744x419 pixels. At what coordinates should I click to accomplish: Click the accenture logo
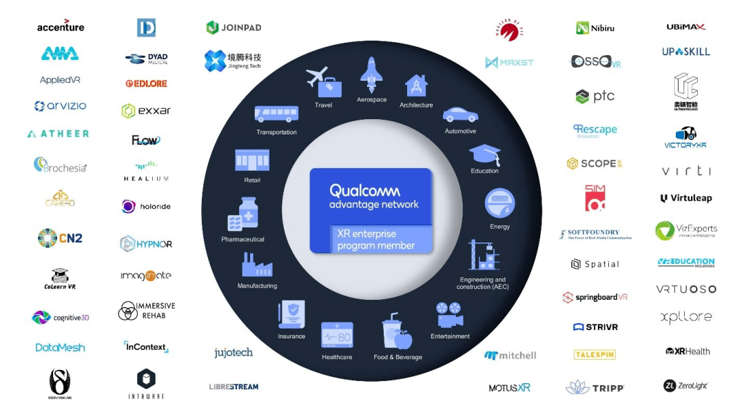61,27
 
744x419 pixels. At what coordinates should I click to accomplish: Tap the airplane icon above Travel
323,82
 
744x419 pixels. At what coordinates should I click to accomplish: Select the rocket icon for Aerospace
371,74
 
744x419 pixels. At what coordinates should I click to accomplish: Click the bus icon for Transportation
276,114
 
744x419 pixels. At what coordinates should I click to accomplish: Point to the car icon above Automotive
460,114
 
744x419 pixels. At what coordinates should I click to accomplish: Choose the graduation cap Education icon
484,154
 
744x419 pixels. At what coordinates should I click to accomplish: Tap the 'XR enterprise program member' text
375,240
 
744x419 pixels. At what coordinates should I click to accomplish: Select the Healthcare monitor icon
337,335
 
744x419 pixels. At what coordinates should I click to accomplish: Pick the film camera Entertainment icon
450,316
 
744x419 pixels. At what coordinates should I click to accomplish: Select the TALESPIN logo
595,354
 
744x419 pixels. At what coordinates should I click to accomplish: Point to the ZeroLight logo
686,386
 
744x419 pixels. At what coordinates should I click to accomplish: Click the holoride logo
146,206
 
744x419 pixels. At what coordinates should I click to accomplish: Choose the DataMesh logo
61,347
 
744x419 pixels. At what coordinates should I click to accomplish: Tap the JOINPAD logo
234,28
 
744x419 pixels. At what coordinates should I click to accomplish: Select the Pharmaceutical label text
242,239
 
